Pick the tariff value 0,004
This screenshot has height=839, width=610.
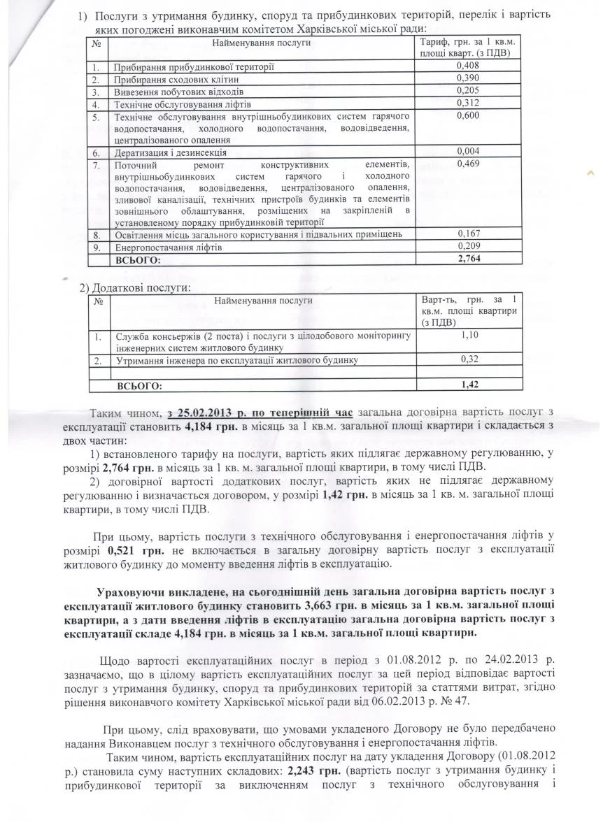[x=467, y=151]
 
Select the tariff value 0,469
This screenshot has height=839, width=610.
[x=467, y=164]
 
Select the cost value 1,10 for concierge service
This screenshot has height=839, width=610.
[x=469, y=336]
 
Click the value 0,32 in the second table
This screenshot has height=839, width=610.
[x=469, y=359]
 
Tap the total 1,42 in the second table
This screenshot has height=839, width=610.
[x=469, y=385]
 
